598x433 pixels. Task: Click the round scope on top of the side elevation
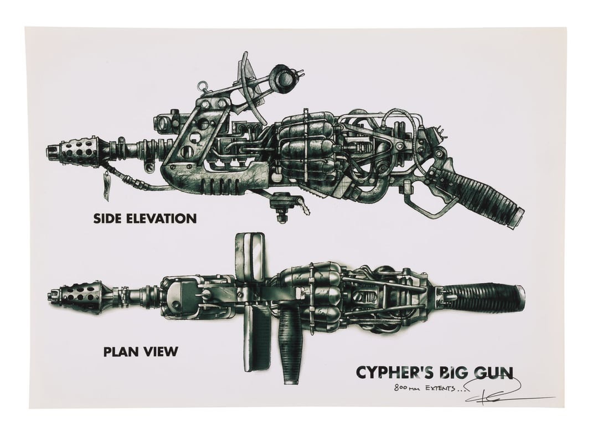pyautogui.click(x=285, y=79)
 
